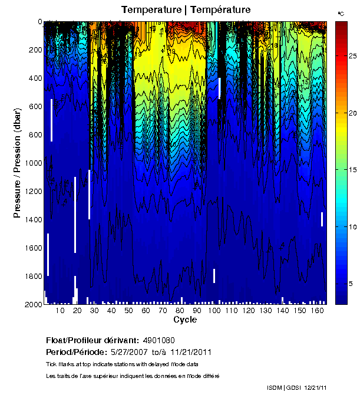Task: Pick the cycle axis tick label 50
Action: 128,311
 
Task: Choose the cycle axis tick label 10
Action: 60,311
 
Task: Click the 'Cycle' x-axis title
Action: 185,320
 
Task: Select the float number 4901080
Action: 158,341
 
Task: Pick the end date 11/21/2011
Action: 190,352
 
